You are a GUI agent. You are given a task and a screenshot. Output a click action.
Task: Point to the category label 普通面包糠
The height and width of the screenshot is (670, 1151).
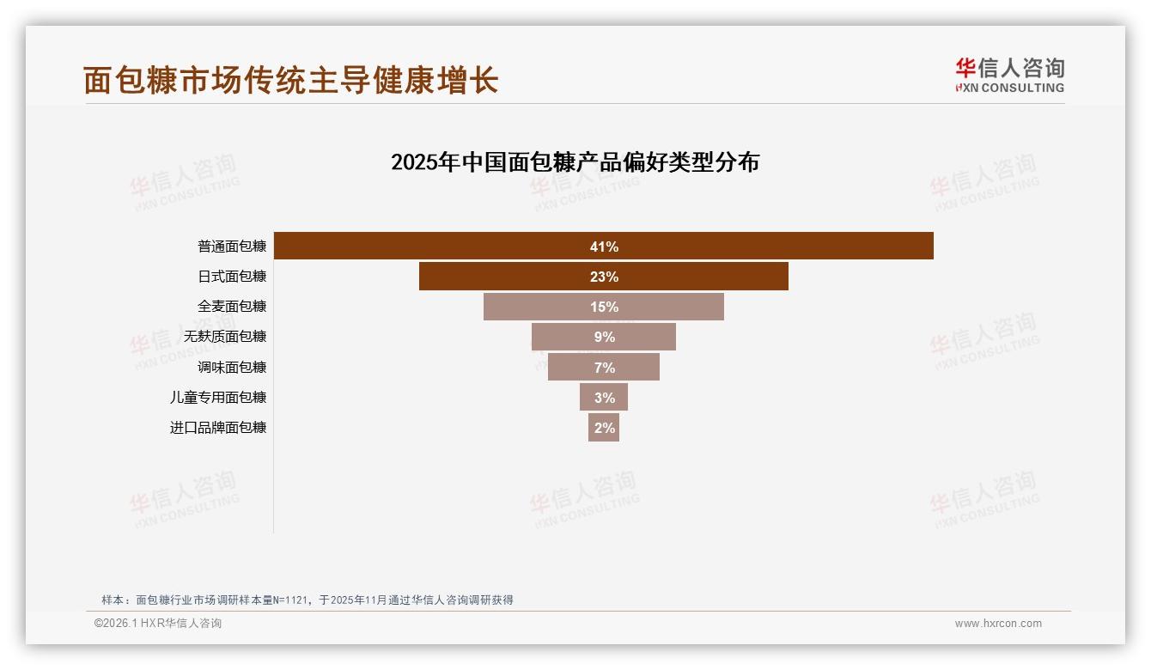pyautogui.click(x=232, y=247)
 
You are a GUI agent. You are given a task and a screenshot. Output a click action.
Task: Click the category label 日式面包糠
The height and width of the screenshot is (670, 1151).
pyautogui.click(x=232, y=277)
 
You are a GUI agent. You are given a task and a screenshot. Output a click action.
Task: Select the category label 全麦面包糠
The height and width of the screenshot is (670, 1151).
pyautogui.click(x=232, y=307)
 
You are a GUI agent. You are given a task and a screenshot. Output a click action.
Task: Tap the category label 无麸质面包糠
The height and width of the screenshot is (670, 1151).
pyautogui.click(x=225, y=337)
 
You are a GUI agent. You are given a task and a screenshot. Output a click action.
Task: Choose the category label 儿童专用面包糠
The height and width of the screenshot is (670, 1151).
pyautogui.click(x=218, y=397)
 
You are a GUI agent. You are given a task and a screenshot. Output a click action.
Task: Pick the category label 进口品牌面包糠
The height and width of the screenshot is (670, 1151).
pyautogui.click(x=218, y=427)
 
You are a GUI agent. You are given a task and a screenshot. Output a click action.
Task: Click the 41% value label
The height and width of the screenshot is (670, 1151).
pyautogui.click(x=604, y=247)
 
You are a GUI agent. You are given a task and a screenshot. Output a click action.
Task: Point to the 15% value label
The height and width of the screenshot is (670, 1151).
pyautogui.click(x=604, y=307)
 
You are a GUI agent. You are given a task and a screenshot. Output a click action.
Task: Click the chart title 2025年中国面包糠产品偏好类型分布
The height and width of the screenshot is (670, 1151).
pyautogui.click(x=575, y=161)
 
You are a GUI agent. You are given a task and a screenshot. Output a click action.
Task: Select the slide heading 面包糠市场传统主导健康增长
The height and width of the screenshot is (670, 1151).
pyautogui.click(x=290, y=80)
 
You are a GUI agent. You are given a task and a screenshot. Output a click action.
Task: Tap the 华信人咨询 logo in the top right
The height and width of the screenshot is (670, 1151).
pyautogui.click(x=1009, y=75)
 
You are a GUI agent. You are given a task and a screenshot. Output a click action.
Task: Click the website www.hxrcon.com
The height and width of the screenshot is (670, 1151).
pyautogui.click(x=998, y=624)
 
